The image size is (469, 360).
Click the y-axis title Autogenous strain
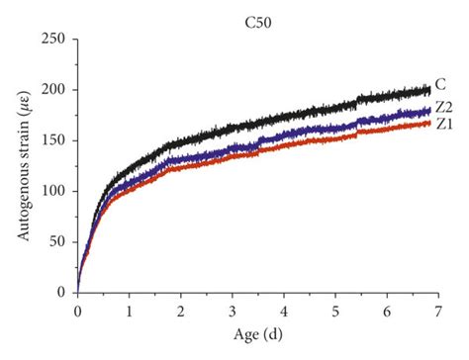[21, 164]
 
